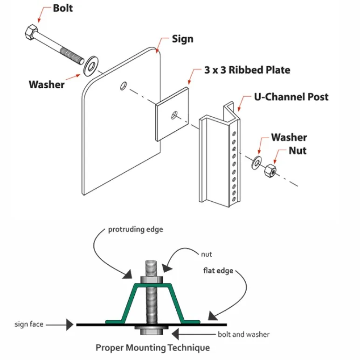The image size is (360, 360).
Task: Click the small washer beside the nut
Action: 256,162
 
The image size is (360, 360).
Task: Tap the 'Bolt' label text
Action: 63,8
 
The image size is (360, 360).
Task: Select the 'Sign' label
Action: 183,39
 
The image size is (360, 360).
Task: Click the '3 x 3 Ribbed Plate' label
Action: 247,70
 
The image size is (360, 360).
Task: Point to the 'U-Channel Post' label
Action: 291,97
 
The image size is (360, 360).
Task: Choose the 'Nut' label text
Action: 298,150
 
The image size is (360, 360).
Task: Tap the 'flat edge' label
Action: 218,270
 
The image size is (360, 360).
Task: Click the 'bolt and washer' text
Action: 243,334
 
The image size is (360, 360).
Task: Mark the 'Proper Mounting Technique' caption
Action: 152,348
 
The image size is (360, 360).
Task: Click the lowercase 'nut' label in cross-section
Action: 207,254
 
